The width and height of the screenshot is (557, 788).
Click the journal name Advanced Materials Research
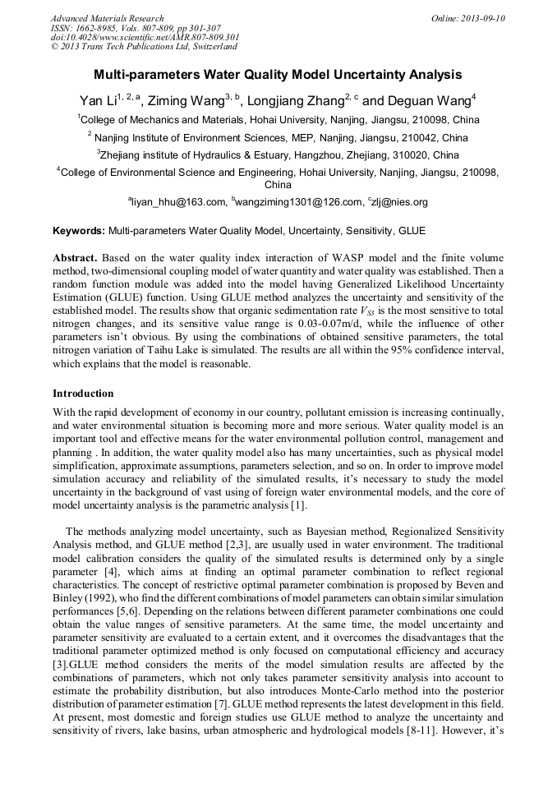(107, 18)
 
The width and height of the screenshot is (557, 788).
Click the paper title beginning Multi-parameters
(278, 75)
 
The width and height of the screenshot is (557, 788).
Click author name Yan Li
(97, 101)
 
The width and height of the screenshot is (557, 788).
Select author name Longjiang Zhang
(303, 101)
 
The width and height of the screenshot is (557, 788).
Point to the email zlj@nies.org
(399, 202)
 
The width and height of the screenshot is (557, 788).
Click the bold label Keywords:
(79, 231)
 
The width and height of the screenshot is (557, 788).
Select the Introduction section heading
(83, 394)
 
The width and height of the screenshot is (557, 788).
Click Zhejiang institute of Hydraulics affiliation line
(278, 154)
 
